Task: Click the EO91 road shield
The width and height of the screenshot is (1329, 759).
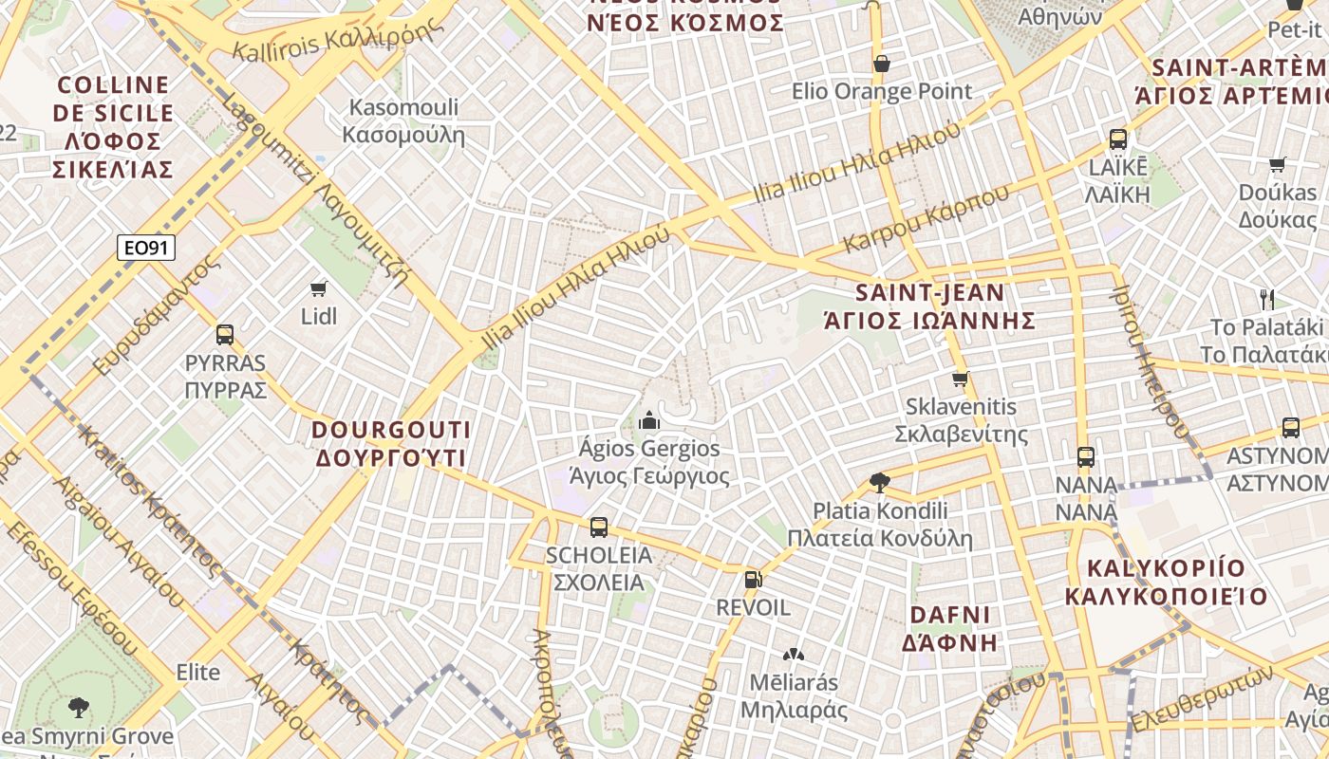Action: [x=147, y=249]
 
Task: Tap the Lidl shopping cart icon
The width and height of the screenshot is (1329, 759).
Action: [x=319, y=288]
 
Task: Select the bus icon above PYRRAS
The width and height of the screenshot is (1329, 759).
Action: [x=225, y=335]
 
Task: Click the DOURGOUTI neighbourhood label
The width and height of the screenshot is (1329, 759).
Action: [x=390, y=443]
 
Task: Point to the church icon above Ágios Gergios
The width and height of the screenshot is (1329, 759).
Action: [x=649, y=419]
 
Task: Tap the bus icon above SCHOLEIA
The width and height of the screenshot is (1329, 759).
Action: [x=599, y=528]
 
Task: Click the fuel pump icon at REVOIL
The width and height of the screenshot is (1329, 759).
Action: [x=753, y=578]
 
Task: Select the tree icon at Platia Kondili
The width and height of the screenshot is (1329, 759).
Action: [x=880, y=483]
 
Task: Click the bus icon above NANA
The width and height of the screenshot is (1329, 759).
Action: [x=1086, y=457]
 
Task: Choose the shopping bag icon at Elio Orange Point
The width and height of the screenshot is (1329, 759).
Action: [x=882, y=64]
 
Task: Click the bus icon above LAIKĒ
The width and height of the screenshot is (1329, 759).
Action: [x=1118, y=139]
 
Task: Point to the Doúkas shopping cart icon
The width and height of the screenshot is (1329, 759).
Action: [x=1278, y=164]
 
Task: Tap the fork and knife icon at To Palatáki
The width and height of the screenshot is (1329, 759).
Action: [x=1266, y=300]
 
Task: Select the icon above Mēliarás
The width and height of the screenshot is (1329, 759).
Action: [x=793, y=655]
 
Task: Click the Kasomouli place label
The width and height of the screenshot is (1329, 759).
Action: [x=403, y=120]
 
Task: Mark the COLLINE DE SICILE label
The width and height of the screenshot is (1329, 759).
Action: [x=113, y=127]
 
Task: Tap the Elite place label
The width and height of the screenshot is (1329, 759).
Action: [x=198, y=673]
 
